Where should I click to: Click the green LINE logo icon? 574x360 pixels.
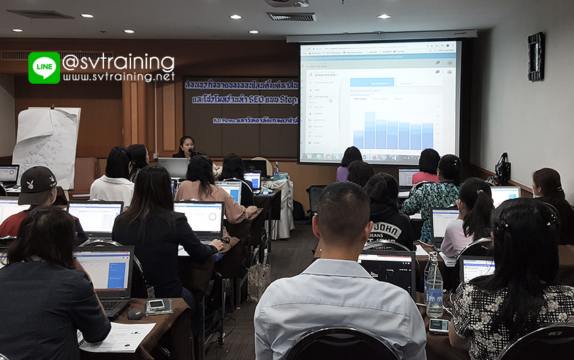[44, 68]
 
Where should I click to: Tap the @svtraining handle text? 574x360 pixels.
[118, 63]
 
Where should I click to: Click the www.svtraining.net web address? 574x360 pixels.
[119, 77]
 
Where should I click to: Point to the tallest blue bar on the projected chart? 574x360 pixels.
[369, 130]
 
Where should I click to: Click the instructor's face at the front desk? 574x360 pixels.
[186, 145]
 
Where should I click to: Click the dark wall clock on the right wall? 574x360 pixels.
[536, 56]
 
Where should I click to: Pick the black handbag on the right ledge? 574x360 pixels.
[502, 170]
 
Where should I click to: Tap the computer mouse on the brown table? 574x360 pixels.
[134, 313]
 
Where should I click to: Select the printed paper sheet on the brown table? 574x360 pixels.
[118, 337]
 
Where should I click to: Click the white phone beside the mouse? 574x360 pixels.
[157, 305]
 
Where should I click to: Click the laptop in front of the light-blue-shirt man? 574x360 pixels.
[387, 269]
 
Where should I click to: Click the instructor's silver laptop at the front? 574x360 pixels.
[173, 167]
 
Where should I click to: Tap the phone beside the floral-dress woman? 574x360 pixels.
[438, 326]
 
